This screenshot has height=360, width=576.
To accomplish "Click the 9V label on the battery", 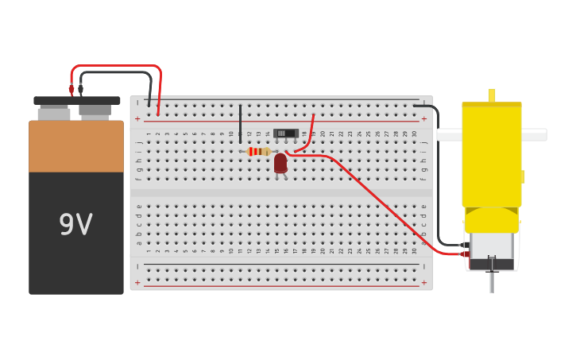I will (76, 225).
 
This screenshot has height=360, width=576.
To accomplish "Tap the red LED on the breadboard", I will (280, 162).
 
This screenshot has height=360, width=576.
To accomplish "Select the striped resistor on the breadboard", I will (258, 151).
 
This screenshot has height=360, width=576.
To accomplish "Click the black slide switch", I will (285, 133).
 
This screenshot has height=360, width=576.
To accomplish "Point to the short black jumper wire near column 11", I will (240, 123).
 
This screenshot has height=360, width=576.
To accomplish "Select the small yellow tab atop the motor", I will (492, 95).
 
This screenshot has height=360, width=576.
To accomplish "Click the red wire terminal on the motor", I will (466, 254).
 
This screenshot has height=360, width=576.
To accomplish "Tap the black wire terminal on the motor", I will (464, 245).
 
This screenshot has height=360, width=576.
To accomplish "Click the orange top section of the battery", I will (76, 146).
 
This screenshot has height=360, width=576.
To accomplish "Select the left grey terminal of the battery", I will (54, 114).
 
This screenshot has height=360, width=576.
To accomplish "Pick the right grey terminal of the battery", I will (95, 111).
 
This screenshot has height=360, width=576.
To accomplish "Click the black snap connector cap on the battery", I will (76, 101).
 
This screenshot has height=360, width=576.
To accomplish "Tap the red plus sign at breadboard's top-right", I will (423, 119).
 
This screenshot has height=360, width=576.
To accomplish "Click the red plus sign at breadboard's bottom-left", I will (137, 282).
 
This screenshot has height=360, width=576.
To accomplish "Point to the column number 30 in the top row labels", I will (414, 134).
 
